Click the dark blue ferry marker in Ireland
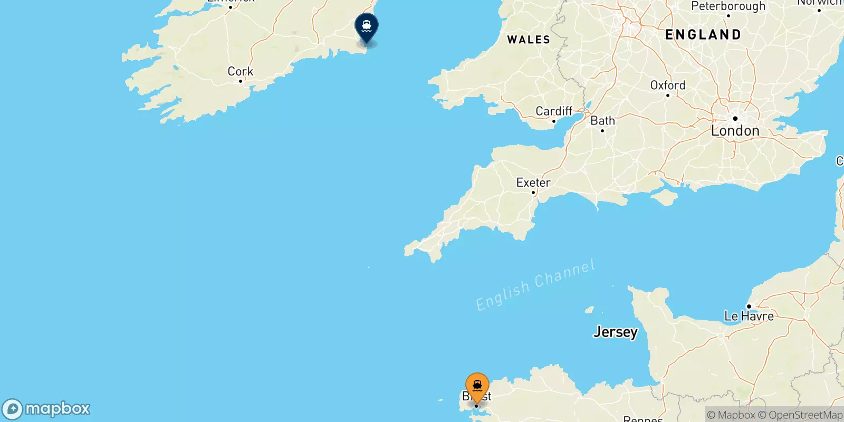pos(367,26)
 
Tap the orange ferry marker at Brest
pos(477,387)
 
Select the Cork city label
pos(241,71)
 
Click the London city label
pos(735,131)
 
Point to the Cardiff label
pos(554,111)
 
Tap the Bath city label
pos(603,121)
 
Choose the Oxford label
pos(668,85)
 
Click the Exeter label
pos(533,183)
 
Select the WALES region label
pos(529,40)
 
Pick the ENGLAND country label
pos(703,35)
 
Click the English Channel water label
pos(535,285)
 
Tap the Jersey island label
pos(616,332)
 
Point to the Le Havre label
pos(749,316)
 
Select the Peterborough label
pos(728,6)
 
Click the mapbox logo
pos(46,409)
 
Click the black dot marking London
pos(735,119)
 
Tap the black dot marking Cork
pos(241,81)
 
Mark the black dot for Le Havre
pos(749,306)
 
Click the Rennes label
pos(642,419)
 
